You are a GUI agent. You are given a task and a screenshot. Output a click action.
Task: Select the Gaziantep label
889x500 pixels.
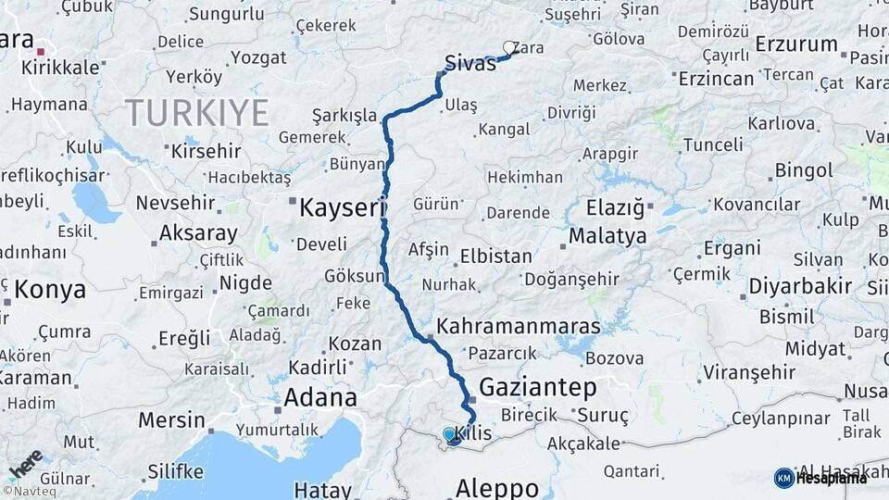point(537,386)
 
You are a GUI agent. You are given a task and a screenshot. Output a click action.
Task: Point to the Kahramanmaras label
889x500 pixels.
point(518,327)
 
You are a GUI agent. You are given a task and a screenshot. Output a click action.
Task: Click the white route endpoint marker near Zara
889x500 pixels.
point(509,47)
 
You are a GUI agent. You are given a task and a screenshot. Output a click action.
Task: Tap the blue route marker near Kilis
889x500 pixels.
point(450,434)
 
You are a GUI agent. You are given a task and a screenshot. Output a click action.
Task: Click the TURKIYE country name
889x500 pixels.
point(196,113)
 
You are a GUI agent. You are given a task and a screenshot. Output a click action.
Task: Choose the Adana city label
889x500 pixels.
point(320,398)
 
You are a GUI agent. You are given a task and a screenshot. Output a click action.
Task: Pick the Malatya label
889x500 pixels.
point(607,236)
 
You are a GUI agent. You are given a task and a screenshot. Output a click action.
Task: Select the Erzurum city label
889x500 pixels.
point(796,44)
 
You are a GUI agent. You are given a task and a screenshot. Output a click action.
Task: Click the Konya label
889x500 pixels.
point(50,290)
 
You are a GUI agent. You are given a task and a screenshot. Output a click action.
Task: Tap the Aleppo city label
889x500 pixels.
point(497,487)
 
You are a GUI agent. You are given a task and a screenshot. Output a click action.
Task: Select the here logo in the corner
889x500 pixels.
point(25,463)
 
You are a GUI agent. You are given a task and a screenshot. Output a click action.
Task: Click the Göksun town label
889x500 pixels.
point(354,276)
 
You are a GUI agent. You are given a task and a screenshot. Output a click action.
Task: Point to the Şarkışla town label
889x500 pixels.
point(344,116)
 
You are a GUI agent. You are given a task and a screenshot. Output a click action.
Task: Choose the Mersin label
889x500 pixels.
point(171,419)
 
